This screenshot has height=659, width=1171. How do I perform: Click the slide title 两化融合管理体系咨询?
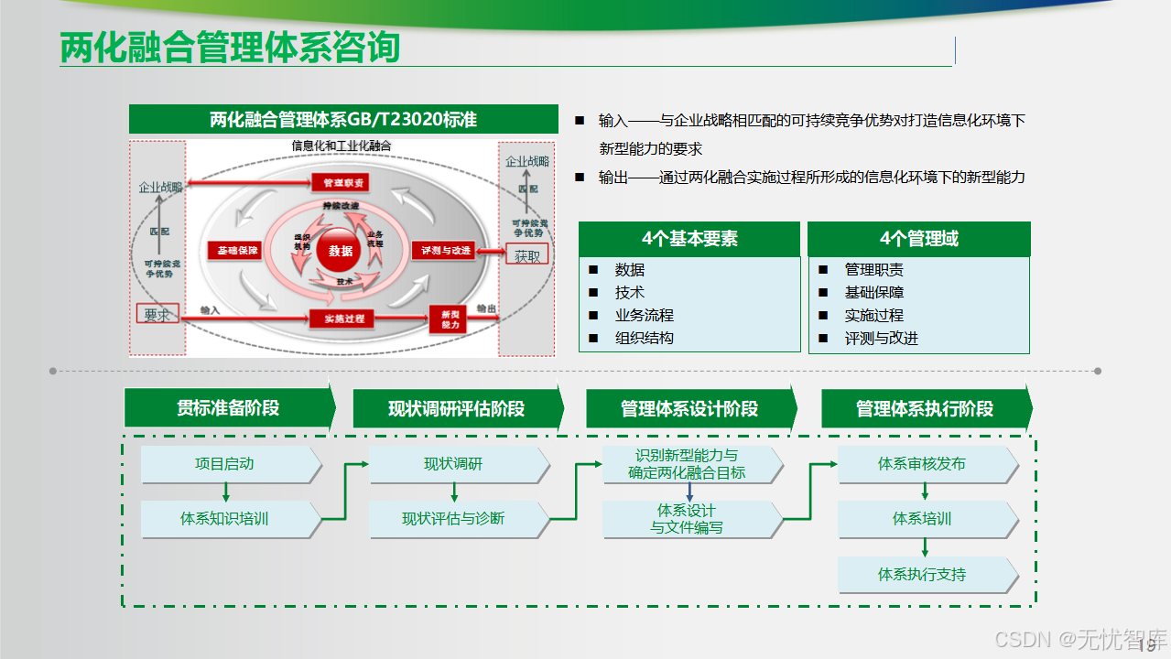pos(230,48)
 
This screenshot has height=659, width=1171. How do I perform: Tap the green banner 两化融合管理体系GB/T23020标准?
pos(343,120)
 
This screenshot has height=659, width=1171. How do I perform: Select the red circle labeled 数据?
pos(341,251)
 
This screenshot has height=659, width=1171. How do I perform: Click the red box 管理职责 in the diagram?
pos(343,183)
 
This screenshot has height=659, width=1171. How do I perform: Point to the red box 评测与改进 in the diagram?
pos(446,250)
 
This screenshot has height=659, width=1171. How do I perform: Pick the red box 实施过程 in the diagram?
pos(343,319)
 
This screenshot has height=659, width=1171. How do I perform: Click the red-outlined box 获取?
pos(527,256)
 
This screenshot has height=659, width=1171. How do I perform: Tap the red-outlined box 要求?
pos(157,315)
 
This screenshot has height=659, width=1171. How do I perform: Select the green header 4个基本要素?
pos(689,239)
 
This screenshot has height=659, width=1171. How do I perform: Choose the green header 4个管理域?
pos(918,239)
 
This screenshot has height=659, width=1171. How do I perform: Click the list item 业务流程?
pos(644,315)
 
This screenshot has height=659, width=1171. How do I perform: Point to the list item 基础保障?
pos(873,292)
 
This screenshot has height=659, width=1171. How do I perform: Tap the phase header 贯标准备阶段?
pos(228,408)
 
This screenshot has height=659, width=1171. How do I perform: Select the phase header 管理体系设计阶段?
pos(689,408)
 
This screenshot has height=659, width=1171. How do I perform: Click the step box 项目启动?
pos(224,464)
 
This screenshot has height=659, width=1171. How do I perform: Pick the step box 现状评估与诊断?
pos(453,519)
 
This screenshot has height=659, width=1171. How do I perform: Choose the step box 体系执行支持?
pos(922,575)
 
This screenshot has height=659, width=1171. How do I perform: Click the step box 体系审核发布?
pos(922,464)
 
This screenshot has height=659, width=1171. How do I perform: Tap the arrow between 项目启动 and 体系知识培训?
pos(225,492)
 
